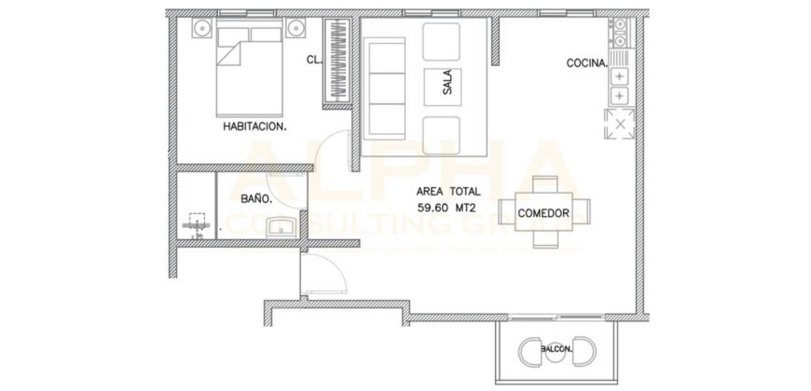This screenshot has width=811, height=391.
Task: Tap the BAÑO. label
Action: coord(256,198)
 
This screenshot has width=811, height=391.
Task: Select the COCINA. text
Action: coord(587,64)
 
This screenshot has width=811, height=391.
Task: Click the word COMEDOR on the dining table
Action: coord(543,213)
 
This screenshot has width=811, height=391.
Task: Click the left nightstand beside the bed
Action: coord(204,30)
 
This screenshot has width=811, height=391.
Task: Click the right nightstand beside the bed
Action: coord(298,30)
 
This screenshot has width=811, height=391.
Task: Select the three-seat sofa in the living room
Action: coord(383,86)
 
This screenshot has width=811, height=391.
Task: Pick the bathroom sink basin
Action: coord(280,226)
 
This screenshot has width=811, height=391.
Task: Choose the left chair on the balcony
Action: coord(530,352)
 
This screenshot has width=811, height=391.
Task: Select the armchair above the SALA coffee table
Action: coord(443,41)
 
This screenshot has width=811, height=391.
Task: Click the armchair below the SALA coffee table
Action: coord(443,134)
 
